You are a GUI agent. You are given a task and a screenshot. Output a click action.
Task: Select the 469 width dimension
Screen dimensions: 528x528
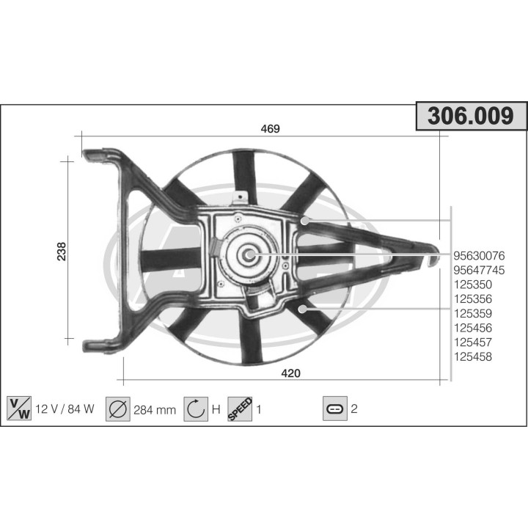(271, 129)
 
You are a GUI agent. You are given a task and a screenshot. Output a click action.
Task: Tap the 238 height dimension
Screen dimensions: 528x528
(62, 251)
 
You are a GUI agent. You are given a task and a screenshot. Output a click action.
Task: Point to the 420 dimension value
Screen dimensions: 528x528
(291, 373)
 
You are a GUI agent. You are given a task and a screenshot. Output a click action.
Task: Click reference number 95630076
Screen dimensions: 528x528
(480, 256)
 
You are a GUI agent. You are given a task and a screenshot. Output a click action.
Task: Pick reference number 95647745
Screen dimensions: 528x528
(480, 270)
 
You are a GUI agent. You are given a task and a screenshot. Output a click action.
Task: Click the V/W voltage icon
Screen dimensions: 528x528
(18, 408)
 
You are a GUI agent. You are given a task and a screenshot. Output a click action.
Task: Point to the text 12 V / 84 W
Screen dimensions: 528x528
(65, 409)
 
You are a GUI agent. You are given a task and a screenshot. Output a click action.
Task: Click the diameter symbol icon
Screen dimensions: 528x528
(117, 408)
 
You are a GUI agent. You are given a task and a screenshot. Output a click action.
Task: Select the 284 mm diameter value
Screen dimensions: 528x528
(154, 410)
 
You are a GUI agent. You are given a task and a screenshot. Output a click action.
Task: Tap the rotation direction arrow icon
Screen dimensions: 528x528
(196, 408)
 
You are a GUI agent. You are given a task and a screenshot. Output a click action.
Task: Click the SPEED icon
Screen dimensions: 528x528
(240, 408)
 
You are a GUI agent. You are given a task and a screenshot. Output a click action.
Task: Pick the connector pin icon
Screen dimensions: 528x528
(334, 408)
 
